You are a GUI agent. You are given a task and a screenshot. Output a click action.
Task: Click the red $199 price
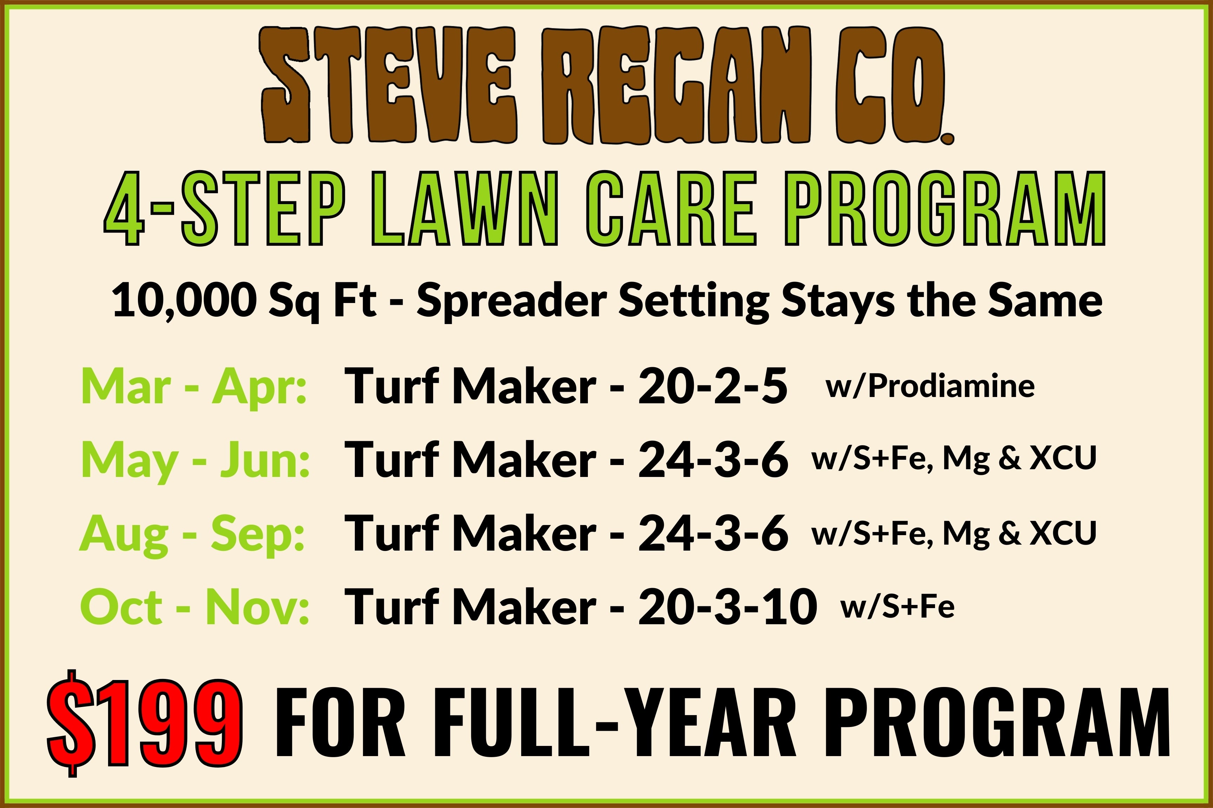coord(144,723)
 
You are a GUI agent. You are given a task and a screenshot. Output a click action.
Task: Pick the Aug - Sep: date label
coord(192,534)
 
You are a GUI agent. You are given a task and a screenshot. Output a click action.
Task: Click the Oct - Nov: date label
coord(194,607)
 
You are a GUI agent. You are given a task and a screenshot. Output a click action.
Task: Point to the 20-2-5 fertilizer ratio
coord(713,386)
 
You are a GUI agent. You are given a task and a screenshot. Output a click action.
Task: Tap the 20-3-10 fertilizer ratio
coord(727,607)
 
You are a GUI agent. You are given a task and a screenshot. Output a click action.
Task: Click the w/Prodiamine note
coord(930,385)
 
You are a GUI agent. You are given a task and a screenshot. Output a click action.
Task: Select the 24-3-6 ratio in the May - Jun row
coord(713,460)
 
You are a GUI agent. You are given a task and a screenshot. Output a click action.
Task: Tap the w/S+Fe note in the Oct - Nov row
coord(897,607)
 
